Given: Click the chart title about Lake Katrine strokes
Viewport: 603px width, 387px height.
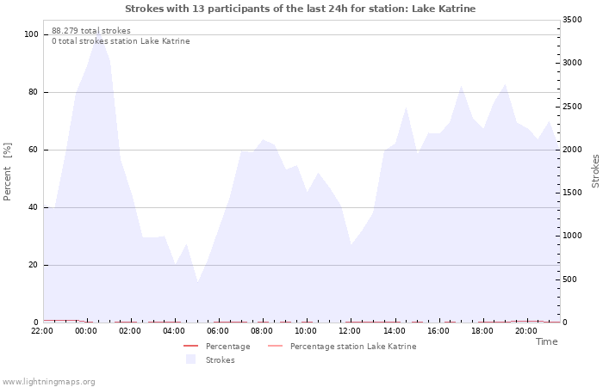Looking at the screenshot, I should (300, 9).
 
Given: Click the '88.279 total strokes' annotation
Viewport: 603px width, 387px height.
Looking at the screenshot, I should (91, 31).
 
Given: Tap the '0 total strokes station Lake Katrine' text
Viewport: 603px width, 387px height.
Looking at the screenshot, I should (121, 41).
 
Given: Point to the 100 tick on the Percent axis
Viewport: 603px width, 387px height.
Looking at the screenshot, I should (31, 34).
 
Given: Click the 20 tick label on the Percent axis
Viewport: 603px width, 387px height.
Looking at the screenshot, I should (33, 265).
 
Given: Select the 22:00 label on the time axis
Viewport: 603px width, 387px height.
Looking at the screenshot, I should (42, 331).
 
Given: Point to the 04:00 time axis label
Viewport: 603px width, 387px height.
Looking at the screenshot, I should (174, 331).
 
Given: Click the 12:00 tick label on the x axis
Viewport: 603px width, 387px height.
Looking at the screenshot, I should (350, 331).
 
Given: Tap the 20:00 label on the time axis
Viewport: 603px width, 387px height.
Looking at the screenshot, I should (525, 331).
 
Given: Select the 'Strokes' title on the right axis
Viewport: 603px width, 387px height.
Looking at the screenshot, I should (595, 170).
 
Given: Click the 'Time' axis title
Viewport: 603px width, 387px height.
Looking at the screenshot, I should (546, 341).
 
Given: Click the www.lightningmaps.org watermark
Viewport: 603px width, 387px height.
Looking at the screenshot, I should (49, 382).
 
